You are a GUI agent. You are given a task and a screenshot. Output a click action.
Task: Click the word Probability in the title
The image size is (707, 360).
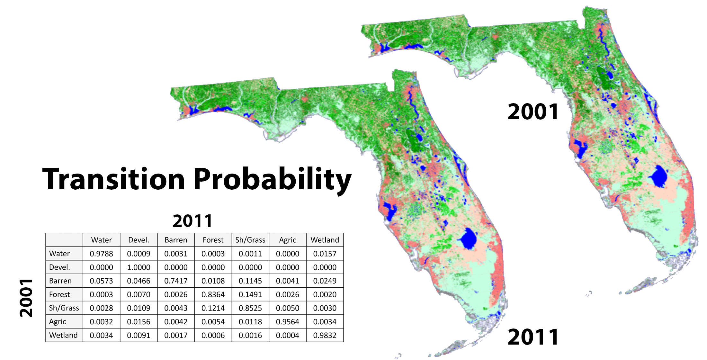pyautogui.click(x=272, y=179)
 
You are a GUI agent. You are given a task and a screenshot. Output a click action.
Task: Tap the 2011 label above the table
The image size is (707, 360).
pyautogui.click(x=192, y=221)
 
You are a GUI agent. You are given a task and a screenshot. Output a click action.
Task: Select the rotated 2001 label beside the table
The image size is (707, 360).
pyautogui.click(x=26, y=298)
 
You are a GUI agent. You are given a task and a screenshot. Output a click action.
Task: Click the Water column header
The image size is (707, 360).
pyautogui.click(x=101, y=240)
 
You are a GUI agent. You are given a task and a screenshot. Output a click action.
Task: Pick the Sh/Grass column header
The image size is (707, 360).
pyautogui.click(x=250, y=240)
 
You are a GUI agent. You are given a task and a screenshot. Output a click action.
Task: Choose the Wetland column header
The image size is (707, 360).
pyautogui.click(x=325, y=240)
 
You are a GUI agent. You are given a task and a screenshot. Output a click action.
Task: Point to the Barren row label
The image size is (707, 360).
pyautogui.click(x=60, y=281)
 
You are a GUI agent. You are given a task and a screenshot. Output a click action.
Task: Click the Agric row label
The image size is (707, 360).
pyautogui.click(x=58, y=321)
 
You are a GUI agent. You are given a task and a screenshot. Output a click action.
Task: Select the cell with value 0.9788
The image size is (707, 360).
pyautogui.click(x=101, y=254)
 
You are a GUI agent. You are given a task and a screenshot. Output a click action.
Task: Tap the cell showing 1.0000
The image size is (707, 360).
pyautogui.click(x=139, y=267)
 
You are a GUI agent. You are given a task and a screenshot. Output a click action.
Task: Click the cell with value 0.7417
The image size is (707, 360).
pyautogui.click(x=176, y=281)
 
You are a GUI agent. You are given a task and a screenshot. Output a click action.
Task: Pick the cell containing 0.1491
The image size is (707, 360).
pyautogui.click(x=250, y=294)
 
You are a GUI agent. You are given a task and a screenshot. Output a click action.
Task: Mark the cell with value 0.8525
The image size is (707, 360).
pyautogui.click(x=250, y=308)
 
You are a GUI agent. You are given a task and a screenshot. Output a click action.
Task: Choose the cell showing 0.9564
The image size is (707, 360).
pyautogui.click(x=287, y=321)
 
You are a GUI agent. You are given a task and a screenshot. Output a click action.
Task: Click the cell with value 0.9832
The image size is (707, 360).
pyautogui.click(x=325, y=335)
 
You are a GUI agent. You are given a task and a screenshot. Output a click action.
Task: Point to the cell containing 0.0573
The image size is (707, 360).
pyautogui.click(x=101, y=281)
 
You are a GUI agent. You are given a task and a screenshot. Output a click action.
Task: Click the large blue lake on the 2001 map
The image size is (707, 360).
pyautogui.click(x=659, y=176)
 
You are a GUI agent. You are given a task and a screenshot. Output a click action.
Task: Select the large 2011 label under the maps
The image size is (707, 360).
pyautogui.click(x=533, y=337)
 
